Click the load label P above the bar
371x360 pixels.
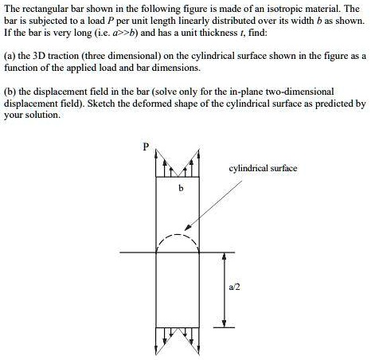coord(146,147)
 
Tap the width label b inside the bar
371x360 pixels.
coord(181,188)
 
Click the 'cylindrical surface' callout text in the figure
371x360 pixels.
coord(263,169)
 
